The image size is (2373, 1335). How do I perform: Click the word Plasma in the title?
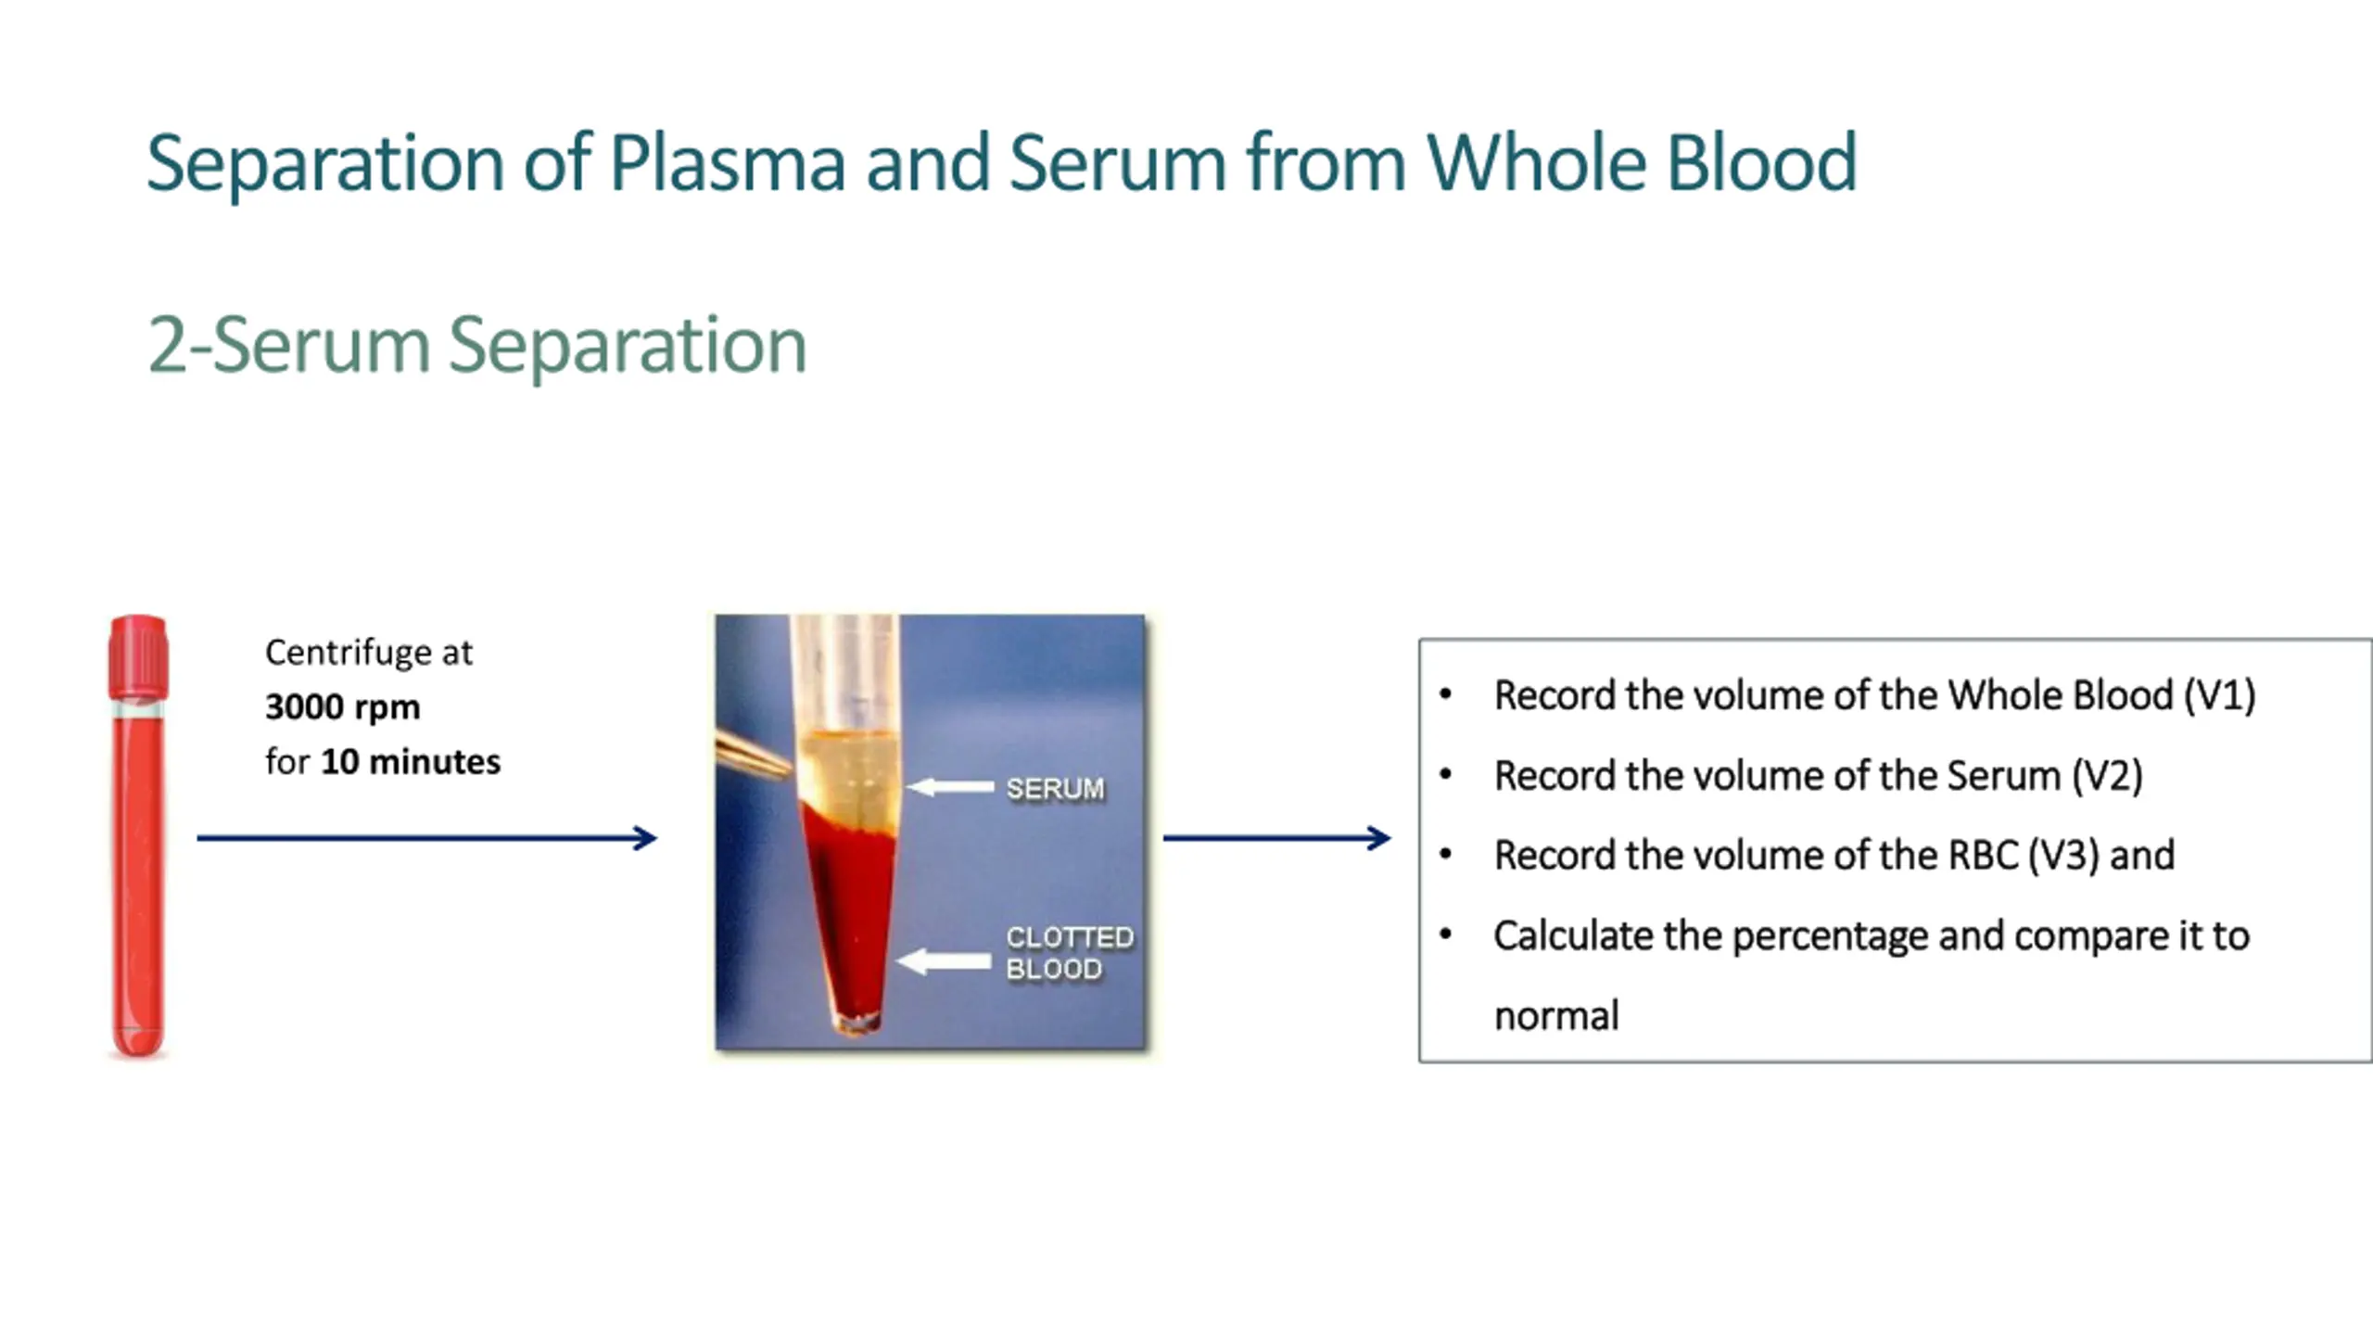[727, 163]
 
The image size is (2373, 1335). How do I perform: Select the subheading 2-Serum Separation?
[476, 345]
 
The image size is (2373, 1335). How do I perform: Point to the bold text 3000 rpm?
[342, 707]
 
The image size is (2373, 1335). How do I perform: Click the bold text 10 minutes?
[410, 762]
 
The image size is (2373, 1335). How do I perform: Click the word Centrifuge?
[348, 653]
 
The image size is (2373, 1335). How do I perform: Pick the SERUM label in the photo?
[1055, 789]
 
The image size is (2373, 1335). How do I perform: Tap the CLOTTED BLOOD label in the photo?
[1069, 953]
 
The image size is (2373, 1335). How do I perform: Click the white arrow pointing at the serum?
[950, 788]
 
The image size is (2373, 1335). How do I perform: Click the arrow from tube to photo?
[426, 838]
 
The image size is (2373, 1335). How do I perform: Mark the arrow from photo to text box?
[1276, 838]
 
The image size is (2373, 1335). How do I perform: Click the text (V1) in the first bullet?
[2219, 695]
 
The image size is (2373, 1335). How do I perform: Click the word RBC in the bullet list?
[1983, 856]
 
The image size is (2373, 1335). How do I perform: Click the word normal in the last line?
[1556, 1016]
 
